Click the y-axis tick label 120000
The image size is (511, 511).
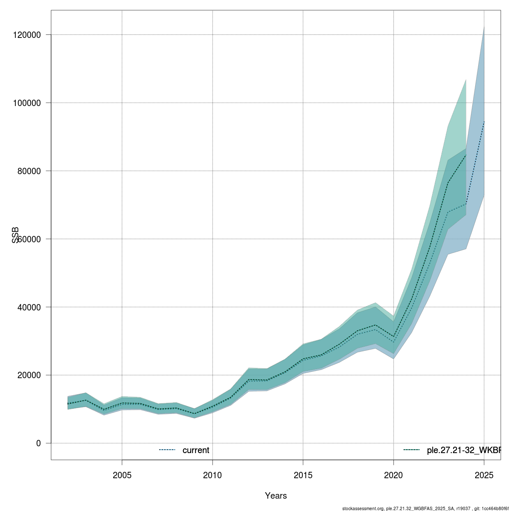26,35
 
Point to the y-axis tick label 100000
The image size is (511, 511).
26,103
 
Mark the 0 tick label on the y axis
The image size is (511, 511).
38,444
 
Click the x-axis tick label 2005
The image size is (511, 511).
122,475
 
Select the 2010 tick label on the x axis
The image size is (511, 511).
212,475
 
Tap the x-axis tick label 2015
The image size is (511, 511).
303,475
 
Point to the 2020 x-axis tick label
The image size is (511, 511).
393,475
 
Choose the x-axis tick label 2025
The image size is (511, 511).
484,475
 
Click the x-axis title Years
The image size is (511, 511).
276,496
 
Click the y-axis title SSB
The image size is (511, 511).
16,235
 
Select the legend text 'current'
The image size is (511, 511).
196,450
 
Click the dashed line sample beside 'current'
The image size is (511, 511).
167,450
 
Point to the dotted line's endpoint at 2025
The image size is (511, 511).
484,121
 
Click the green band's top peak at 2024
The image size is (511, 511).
466,80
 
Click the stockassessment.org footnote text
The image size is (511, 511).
425,508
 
